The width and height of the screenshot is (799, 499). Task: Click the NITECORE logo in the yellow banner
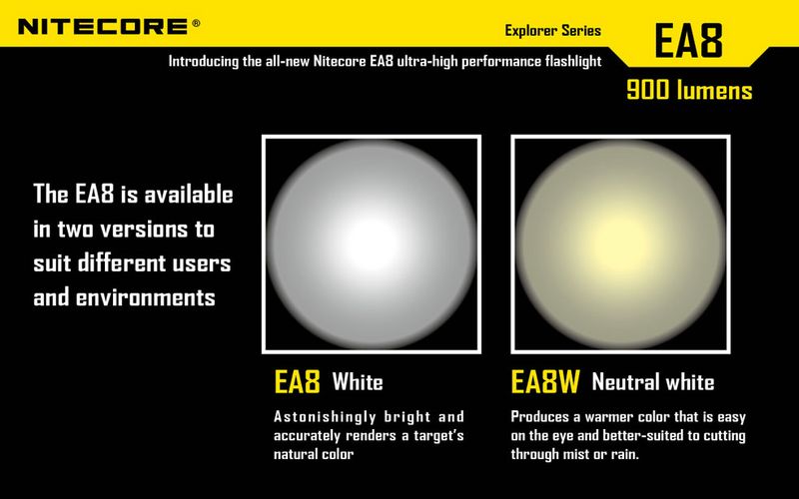pyautogui.click(x=103, y=27)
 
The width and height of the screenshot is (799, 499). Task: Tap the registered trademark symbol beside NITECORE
pyautogui.click(x=196, y=23)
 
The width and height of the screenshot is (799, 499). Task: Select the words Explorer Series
pyautogui.click(x=553, y=31)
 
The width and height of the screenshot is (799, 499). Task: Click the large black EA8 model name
pyautogui.click(x=688, y=41)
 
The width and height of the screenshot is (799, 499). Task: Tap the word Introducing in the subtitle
pyautogui.click(x=204, y=62)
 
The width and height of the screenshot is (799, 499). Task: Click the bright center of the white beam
pyautogui.click(x=372, y=245)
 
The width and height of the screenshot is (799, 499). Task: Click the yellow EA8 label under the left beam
pyautogui.click(x=297, y=381)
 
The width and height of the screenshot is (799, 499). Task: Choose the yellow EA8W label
pyautogui.click(x=545, y=381)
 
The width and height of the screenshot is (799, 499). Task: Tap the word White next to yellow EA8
pyautogui.click(x=358, y=382)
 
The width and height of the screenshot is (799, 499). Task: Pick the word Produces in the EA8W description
pyautogui.click(x=539, y=417)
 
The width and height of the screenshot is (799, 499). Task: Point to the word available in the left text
pyautogui.click(x=189, y=195)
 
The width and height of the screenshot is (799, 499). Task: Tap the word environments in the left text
pyautogui.click(x=146, y=297)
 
